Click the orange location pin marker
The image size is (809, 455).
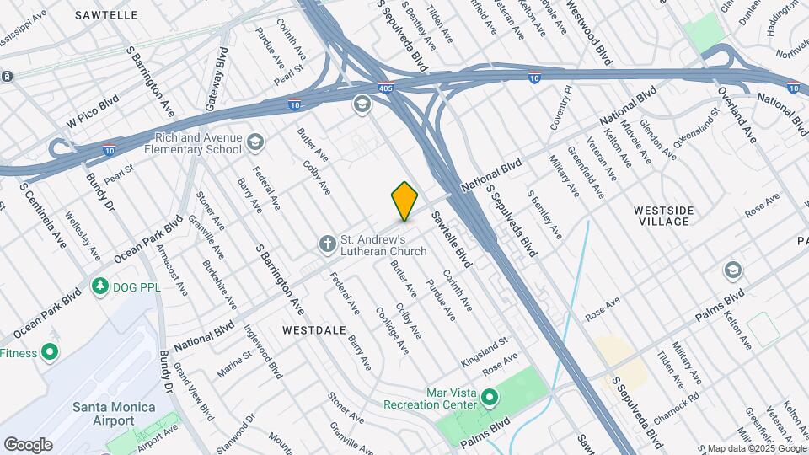404,201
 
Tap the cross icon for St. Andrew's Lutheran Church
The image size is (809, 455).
328,244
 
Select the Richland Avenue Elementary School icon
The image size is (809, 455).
255,144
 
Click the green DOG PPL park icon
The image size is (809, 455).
100,286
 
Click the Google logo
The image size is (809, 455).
28,445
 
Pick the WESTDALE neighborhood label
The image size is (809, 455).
314,329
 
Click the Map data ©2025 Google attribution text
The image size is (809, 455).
755,448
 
